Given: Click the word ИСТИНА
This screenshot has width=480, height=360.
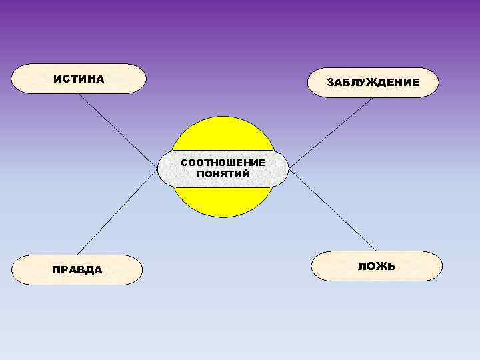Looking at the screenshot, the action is (79, 79).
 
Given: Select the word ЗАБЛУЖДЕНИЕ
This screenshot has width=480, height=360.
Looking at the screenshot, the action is (373, 82).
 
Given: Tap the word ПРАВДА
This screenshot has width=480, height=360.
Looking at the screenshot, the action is (77, 270).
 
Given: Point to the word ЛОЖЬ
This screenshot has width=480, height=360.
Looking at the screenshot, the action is (377, 266).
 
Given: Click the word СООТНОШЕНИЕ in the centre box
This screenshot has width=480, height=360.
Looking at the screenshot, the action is (223, 163).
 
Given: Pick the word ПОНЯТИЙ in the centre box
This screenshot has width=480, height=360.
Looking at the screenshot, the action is (223, 173).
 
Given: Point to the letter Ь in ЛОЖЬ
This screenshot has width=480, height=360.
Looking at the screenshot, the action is (391, 266).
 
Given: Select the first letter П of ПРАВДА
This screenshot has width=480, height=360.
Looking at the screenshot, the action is (56, 270).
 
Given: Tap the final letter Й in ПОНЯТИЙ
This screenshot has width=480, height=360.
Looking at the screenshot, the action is (246, 173).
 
